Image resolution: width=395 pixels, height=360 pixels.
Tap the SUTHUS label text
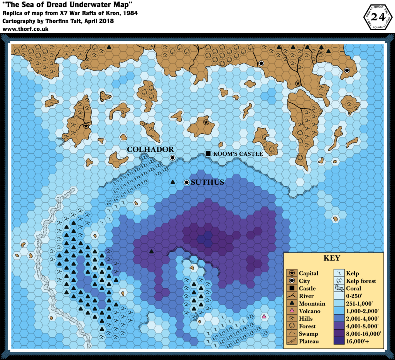207,182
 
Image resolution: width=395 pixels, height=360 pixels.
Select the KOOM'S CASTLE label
238,154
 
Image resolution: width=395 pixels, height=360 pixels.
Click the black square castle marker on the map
208,153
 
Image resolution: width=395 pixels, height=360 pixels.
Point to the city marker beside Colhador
172,158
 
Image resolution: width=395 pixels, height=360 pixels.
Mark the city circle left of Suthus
187,182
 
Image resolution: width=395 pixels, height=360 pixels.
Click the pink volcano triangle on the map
264,316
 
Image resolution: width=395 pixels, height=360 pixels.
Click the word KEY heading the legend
332,258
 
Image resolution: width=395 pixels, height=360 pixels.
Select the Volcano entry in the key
309,311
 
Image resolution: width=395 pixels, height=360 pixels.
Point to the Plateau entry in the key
309,341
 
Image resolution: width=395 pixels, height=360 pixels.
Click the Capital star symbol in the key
292,273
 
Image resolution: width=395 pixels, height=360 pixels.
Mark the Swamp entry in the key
307,334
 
